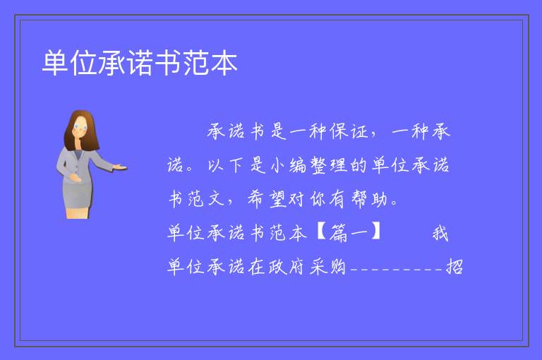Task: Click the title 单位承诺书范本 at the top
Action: coord(140,63)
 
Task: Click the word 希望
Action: coord(267,200)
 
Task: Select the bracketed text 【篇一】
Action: coord(349,232)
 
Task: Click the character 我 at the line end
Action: coord(440,233)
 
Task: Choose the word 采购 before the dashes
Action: coord(327,267)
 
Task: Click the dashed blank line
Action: coord(397,269)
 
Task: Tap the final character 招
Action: coord(454,267)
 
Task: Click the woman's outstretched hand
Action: coord(119,167)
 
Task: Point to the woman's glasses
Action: coord(80,127)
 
